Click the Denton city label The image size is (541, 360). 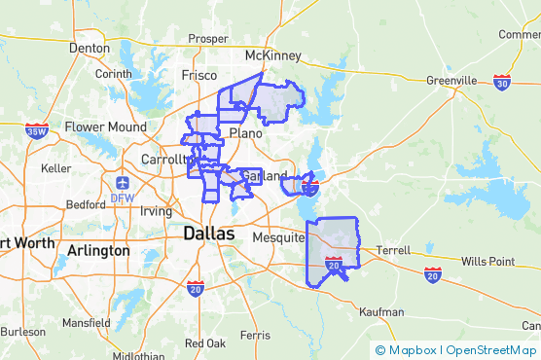click(x=90, y=47)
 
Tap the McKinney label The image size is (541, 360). click(x=273, y=55)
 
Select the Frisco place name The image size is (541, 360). click(x=199, y=75)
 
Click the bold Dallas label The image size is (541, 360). click(x=208, y=234)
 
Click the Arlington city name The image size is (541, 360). click(x=98, y=250)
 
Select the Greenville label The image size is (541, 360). click(x=452, y=80)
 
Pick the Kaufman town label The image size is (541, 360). click(x=380, y=312)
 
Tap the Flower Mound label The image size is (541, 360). click(x=105, y=126)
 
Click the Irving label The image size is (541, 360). click(x=156, y=211)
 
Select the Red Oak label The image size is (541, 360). click(x=205, y=342)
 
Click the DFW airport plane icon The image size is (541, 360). click(x=122, y=182)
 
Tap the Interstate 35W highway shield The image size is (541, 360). click(x=37, y=130)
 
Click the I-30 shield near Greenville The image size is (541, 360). click(x=502, y=82)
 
